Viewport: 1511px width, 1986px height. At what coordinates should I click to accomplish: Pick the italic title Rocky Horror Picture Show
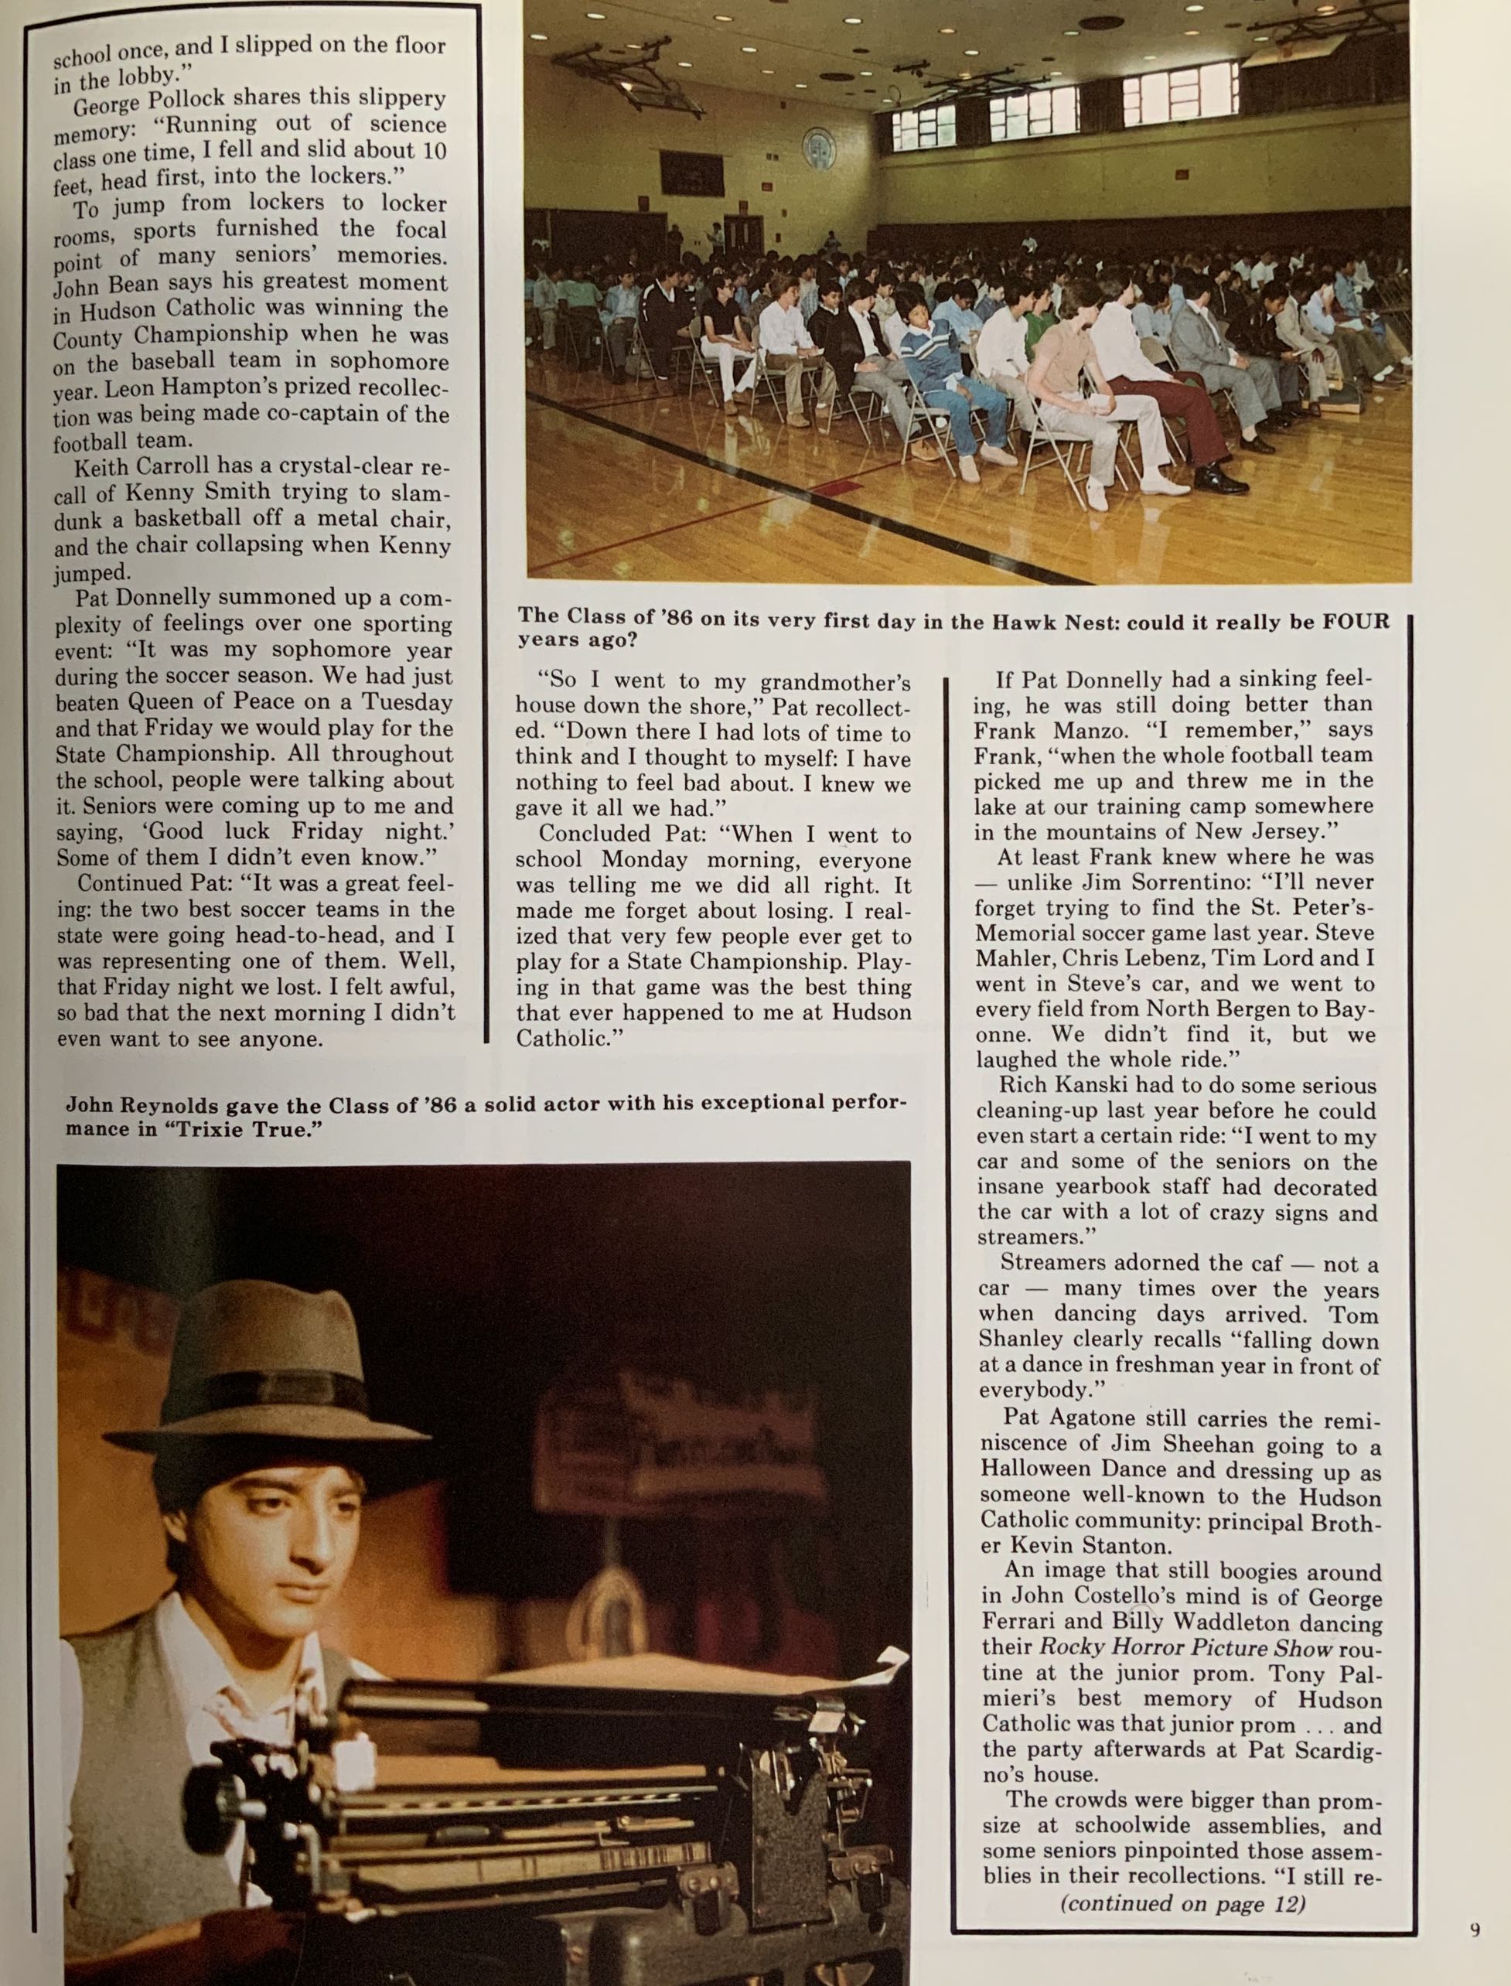coord(1186,1648)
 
